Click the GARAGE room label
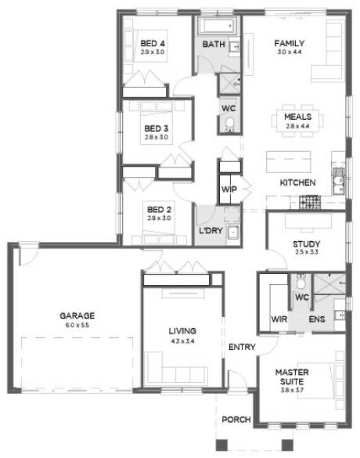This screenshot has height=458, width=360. (x=77, y=316)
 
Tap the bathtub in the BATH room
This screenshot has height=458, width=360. (x=218, y=26)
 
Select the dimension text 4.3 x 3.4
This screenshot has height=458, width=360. (x=182, y=341)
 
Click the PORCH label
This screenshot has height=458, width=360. (x=236, y=420)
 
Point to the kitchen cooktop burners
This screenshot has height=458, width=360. (x=310, y=202)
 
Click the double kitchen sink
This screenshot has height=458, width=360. (x=338, y=181)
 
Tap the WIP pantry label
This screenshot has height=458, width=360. (x=229, y=189)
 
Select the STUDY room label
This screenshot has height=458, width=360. (x=306, y=244)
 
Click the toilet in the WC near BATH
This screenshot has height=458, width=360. (x=230, y=124)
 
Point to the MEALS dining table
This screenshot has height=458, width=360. (x=297, y=121)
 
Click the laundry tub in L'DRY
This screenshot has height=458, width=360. (x=233, y=233)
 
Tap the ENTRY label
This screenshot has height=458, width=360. (x=242, y=347)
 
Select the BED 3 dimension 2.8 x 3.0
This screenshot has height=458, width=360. (x=157, y=137)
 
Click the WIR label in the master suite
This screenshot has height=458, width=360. (x=279, y=319)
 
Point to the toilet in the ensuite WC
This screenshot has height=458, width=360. (x=301, y=282)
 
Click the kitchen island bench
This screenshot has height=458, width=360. (x=289, y=162)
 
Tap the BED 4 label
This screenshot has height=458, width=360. (x=153, y=44)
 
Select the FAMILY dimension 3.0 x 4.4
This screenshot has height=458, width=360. (x=290, y=52)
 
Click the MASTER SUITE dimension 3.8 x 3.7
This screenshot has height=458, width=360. (x=292, y=390)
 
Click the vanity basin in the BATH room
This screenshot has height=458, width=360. (x=234, y=46)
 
